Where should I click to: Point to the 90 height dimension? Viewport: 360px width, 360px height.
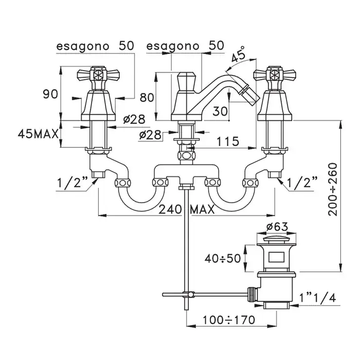50,94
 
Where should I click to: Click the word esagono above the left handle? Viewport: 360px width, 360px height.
82,45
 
